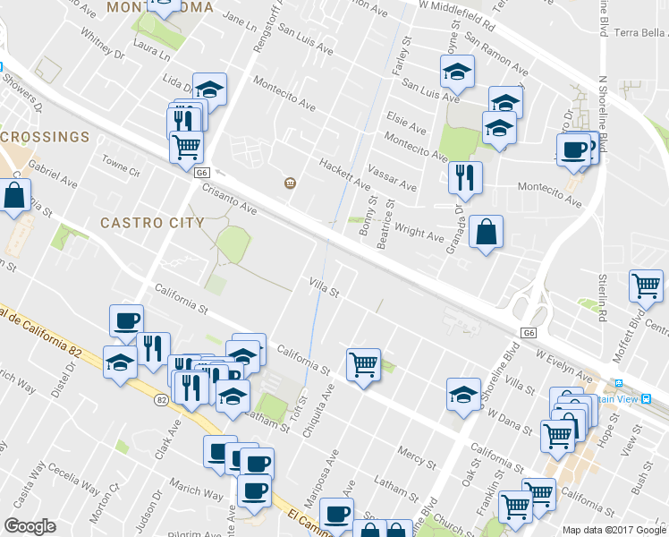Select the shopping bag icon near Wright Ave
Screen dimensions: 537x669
(x=486, y=234)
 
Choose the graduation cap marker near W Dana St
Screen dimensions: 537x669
(x=463, y=396)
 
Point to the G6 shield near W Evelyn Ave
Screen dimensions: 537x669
(x=530, y=333)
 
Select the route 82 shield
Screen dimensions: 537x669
(x=161, y=400)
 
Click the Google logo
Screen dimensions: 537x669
(x=30, y=526)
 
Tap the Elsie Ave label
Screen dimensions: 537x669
(x=406, y=117)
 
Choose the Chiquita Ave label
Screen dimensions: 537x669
(x=317, y=411)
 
